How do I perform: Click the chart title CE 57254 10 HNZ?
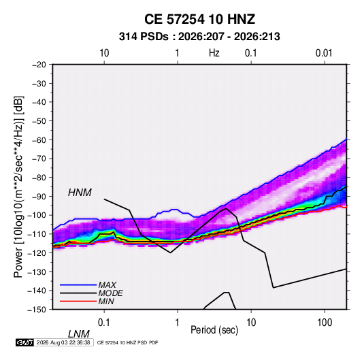[x=199, y=19]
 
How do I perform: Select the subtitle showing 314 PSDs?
[x=199, y=37]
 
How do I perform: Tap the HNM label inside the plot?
[x=80, y=193]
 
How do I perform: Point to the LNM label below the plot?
[x=79, y=334]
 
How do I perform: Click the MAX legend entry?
[x=107, y=284]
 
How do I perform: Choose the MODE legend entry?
[x=110, y=293]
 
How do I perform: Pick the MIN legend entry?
[x=106, y=301]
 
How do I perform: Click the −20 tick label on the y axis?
[x=39, y=65]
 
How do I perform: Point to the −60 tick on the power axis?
[x=39, y=140]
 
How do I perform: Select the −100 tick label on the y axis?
[x=37, y=215]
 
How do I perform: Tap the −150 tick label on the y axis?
[x=37, y=310]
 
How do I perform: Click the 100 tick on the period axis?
[x=325, y=323]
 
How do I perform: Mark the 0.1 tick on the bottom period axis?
[x=104, y=323]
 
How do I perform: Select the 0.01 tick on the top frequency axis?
[x=324, y=53]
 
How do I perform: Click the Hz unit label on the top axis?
[x=214, y=53]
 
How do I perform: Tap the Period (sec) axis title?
[x=214, y=330]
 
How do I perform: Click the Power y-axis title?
[x=18, y=187]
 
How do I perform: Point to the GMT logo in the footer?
[x=24, y=342]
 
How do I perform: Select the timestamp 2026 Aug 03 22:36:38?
[x=63, y=342]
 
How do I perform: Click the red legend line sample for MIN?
[x=78, y=301]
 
